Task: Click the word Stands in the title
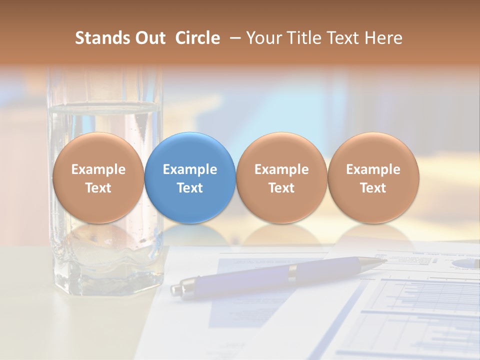pos(102,38)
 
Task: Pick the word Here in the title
pos(384,38)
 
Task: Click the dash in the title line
pos(232,38)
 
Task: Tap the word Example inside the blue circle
pos(190,169)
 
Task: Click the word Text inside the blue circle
pos(190,188)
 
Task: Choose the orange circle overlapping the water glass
pos(98,178)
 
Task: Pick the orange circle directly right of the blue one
pos(281,178)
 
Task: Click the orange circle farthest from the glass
pos(373,178)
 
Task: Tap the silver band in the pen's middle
pos(293,272)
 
